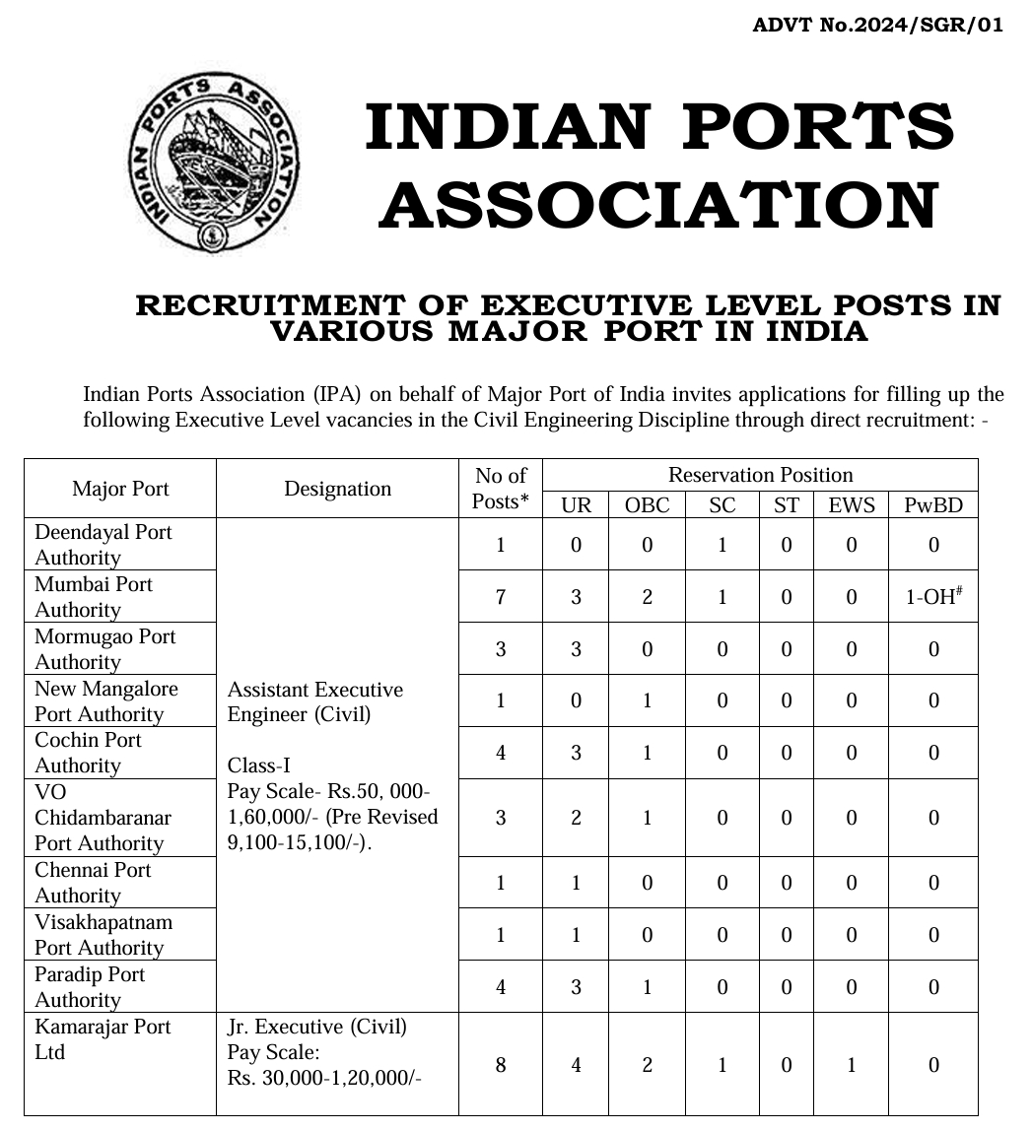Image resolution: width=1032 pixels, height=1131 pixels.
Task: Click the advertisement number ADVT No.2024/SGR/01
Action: [877, 25]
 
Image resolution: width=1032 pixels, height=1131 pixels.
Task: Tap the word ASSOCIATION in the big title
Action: [657, 206]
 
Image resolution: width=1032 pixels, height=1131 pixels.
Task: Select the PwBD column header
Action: [932, 505]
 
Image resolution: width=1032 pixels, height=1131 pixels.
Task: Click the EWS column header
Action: [851, 505]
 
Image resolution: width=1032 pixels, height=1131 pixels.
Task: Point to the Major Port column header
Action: [120, 489]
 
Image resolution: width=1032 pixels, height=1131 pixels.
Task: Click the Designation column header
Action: [337, 489]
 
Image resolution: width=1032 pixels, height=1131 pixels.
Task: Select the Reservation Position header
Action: [760, 475]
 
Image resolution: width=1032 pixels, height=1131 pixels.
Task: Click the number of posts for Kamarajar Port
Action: [501, 1065]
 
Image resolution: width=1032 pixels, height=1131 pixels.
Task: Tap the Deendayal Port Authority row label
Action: [103, 545]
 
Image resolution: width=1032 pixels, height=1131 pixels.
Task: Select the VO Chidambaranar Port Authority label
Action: [99, 818]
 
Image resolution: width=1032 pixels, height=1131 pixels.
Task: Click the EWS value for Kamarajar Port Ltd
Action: [851, 1065]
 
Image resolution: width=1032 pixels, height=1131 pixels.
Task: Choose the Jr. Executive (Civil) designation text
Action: [316, 1027]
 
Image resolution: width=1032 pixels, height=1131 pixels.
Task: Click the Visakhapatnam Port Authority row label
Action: [103, 935]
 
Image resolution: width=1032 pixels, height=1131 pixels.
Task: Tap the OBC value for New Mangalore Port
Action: [647, 701]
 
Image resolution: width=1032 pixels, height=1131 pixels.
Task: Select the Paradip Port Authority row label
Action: [90, 987]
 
